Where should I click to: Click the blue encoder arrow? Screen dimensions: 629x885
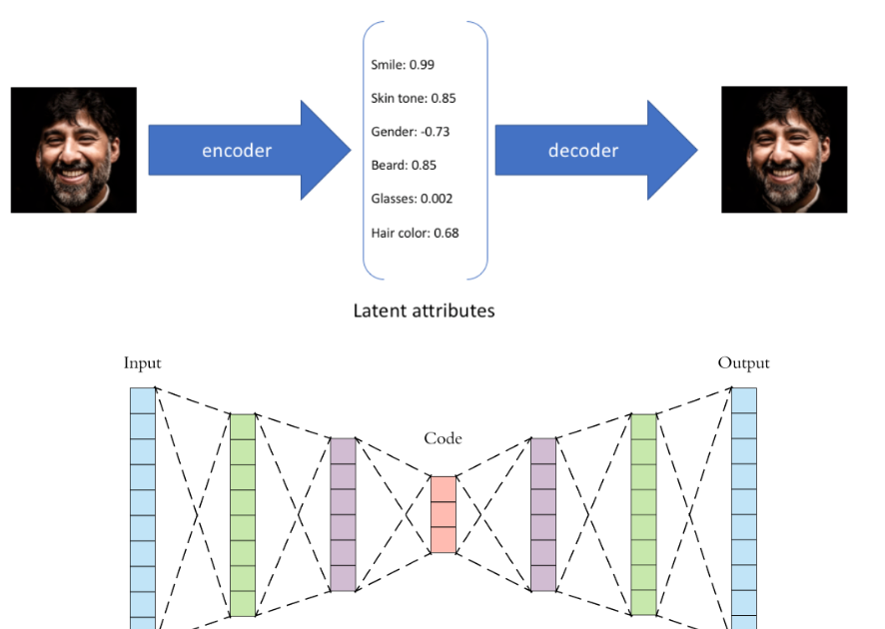click(x=240, y=150)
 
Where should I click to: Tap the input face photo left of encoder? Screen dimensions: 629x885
click(x=73, y=150)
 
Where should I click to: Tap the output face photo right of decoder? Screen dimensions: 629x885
click(x=784, y=150)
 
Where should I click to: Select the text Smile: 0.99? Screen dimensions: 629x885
click(x=403, y=65)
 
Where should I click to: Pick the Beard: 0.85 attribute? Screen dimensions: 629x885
click(x=404, y=165)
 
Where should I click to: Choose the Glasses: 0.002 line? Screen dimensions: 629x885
click(x=412, y=199)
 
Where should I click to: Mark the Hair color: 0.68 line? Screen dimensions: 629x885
click(x=415, y=233)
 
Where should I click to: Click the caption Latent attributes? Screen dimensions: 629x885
click(x=424, y=311)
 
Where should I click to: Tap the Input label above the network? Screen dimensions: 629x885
click(x=142, y=363)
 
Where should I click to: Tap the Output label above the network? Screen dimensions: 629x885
click(x=743, y=362)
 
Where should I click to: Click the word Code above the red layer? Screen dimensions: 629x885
click(x=442, y=438)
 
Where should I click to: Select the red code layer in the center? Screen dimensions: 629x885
click(x=442, y=514)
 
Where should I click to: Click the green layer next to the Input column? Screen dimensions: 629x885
click(x=243, y=514)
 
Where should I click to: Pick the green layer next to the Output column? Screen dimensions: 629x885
click(x=643, y=514)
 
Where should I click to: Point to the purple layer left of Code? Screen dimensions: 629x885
click(x=343, y=514)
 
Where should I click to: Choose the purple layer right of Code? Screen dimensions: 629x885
click(x=542, y=514)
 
